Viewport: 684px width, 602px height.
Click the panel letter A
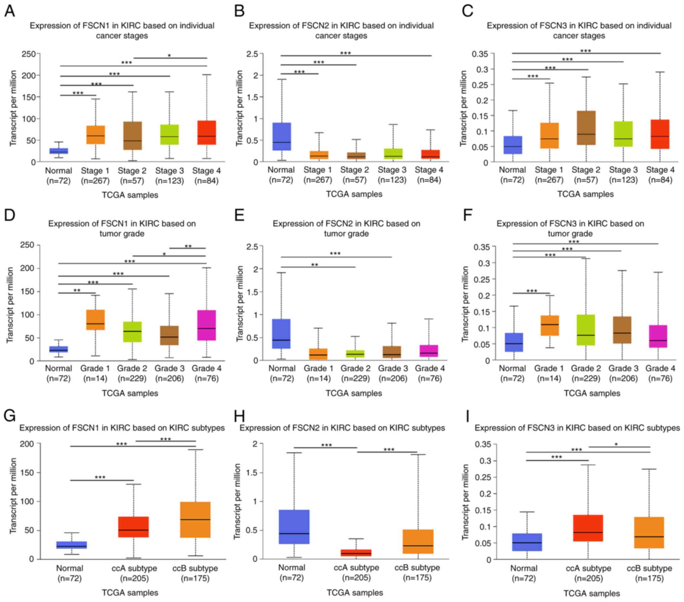[x=9, y=11]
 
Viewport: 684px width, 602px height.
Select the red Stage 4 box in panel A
[x=206, y=133]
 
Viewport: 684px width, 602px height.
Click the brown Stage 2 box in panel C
[x=586, y=128]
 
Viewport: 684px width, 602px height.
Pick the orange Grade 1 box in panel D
[x=95, y=320]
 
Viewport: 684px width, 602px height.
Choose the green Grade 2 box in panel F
[x=586, y=330]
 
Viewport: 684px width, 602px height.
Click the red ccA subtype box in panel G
[x=134, y=527]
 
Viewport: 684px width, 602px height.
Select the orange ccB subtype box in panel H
[x=418, y=541]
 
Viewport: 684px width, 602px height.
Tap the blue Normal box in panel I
[x=527, y=542]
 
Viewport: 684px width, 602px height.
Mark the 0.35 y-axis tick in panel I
[x=483, y=444]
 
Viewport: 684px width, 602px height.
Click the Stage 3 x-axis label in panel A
[x=169, y=171]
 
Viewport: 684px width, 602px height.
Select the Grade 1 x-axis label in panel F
[x=549, y=368]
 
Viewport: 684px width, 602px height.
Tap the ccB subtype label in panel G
[x=195, y=568]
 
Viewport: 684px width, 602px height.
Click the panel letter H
[x=239, y=416]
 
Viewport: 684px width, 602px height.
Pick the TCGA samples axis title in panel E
[x=354, y=393]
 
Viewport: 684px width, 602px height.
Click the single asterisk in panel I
[x=616, y=445]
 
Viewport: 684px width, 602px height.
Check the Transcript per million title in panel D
[x=10, y=305]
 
